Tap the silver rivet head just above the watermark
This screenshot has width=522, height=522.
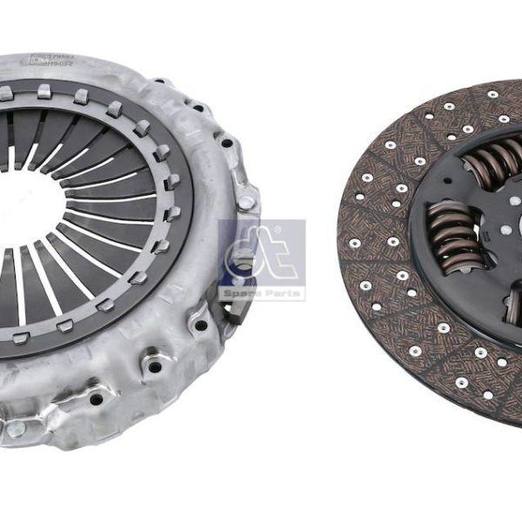[x=247, y=202]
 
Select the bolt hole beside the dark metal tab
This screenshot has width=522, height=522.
[x=201, y=326]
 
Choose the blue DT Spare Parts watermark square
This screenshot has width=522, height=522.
[x=261, y=260]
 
